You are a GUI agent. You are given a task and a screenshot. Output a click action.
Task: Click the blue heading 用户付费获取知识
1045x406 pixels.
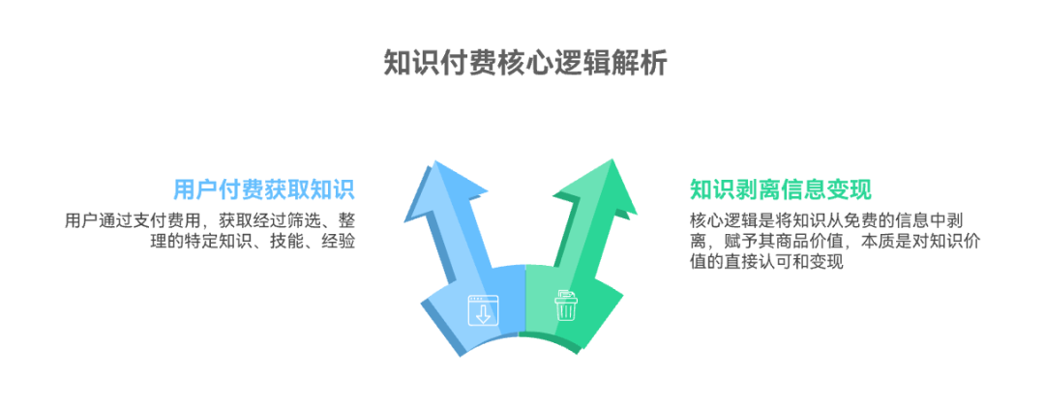[263, 188]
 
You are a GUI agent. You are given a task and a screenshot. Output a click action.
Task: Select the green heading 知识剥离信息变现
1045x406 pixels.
[781, 188]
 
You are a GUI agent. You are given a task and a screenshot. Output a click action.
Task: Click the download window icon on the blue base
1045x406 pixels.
[481, 307]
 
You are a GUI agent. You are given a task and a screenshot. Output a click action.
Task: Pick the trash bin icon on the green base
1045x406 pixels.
[565, 305]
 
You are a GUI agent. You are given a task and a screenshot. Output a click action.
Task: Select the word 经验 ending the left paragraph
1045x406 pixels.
[339, 242]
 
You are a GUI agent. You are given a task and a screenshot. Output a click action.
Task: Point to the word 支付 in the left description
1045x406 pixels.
[155, 220]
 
